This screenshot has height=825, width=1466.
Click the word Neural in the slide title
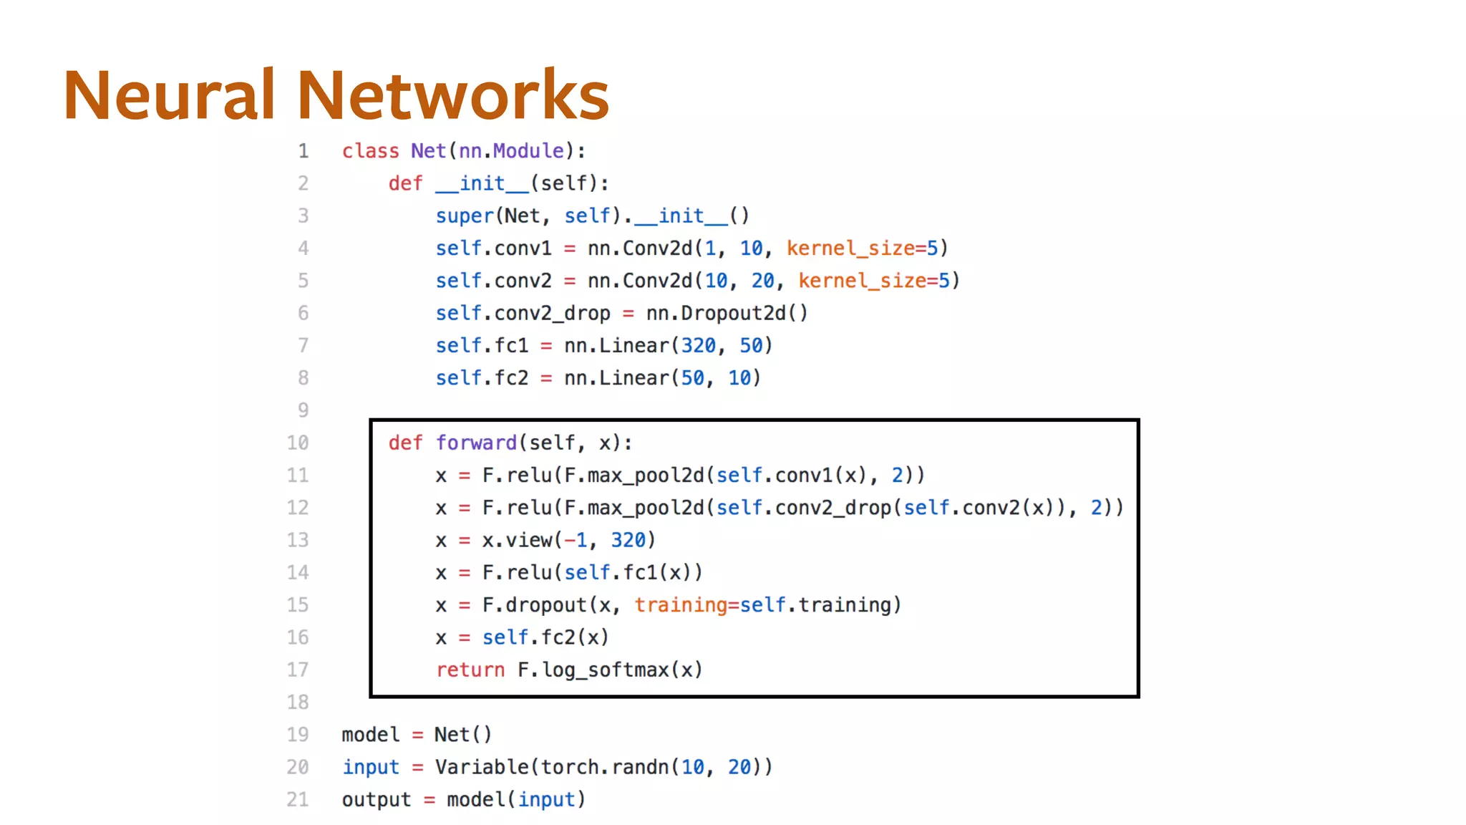pos(169,95)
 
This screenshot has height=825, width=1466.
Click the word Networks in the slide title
pos(452,95)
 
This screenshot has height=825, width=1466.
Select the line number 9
pos(304,410)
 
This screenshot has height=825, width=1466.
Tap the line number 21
pos(298,799)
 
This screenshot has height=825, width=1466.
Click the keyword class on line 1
pos(370,151)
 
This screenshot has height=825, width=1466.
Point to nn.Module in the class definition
pos(511,151)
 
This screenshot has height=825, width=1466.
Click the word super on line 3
pos(465,216)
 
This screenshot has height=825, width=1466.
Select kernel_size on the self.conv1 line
pos(850,249)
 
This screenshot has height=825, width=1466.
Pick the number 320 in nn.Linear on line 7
pos(698,346)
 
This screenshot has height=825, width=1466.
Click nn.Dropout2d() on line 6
pos(727,314)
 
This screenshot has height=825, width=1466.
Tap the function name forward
pos(476,443)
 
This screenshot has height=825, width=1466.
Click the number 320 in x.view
pos(628,540)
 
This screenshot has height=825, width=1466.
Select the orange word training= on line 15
pos(686,605)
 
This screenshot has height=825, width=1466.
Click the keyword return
pos(470,670)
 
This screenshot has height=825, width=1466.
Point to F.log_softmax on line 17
pos(593,670)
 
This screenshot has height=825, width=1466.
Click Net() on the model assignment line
pos(462,735)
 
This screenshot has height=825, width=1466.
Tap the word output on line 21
pos(377,800)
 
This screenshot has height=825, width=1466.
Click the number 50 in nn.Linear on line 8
pos(692,378)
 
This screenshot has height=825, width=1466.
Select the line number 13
pos(298,540)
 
